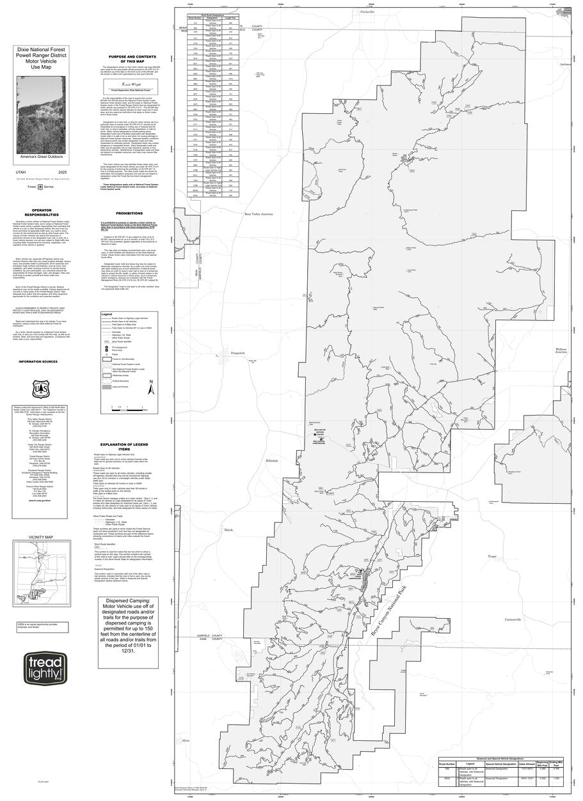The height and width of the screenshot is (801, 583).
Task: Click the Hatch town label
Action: click(x=228, y=530)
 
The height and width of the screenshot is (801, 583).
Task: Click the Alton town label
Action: click(x=186, y=740)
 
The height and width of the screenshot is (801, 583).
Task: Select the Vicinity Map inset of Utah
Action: click(x=45, y=568)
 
